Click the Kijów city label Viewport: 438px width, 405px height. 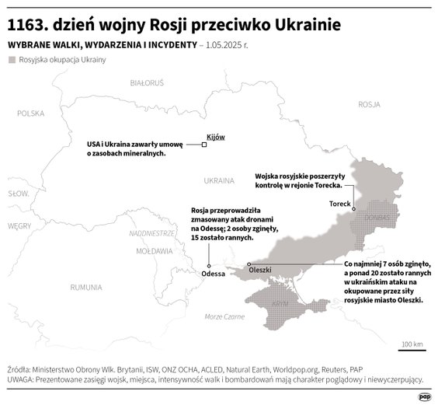(x=215, y=137)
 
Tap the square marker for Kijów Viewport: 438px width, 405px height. (x=204, y=145)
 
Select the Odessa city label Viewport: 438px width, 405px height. (x=213, y=274)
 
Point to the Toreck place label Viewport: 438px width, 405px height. (x=340, y=204)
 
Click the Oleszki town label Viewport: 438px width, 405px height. (x=259, y=270)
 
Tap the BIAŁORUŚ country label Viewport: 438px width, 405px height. (x=147, y=82)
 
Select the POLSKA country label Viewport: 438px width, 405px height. (x=32, y=113)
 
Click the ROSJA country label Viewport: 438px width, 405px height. (x=369, y=103)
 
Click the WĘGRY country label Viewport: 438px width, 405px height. (x=19, y=225)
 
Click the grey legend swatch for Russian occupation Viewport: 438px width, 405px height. (x=12, y=59)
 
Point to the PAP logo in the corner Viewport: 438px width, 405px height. (x=424, y=396)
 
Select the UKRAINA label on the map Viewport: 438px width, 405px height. (x=218, y=180)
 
